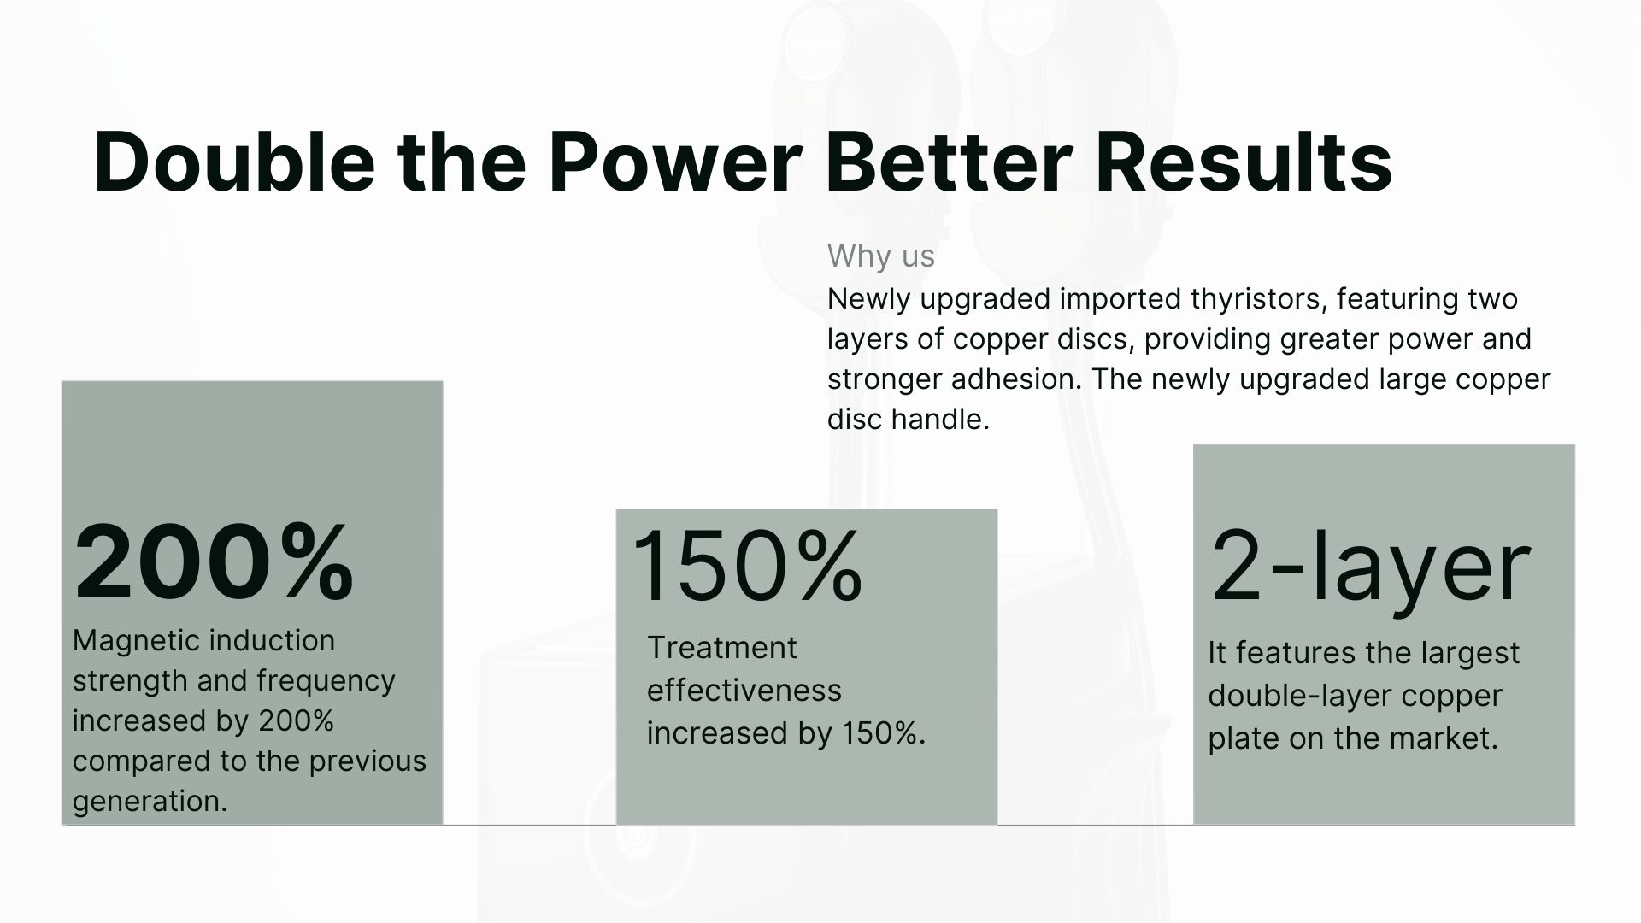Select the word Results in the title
coord(1244,162)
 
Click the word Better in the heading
coord(949,162)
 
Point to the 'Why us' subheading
coord(881,256)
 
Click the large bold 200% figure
coord(214,563)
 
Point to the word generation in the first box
coord(150,801)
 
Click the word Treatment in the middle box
coord(721,648)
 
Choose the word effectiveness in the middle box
coord(744,690)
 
